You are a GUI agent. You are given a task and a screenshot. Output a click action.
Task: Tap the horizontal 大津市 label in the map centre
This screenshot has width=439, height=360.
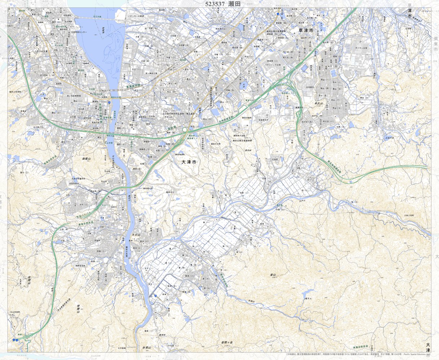pyautogui.click(x=189, y=163)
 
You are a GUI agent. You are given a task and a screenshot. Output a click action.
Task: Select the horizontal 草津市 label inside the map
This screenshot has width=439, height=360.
pyautogui.click(x=306, y=31)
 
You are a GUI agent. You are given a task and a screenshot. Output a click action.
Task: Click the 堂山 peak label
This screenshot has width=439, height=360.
pyautogui.click(x=272, y=275)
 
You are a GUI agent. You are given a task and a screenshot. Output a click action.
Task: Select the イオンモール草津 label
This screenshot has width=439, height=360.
pyautogui.click(x=136, y=16)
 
